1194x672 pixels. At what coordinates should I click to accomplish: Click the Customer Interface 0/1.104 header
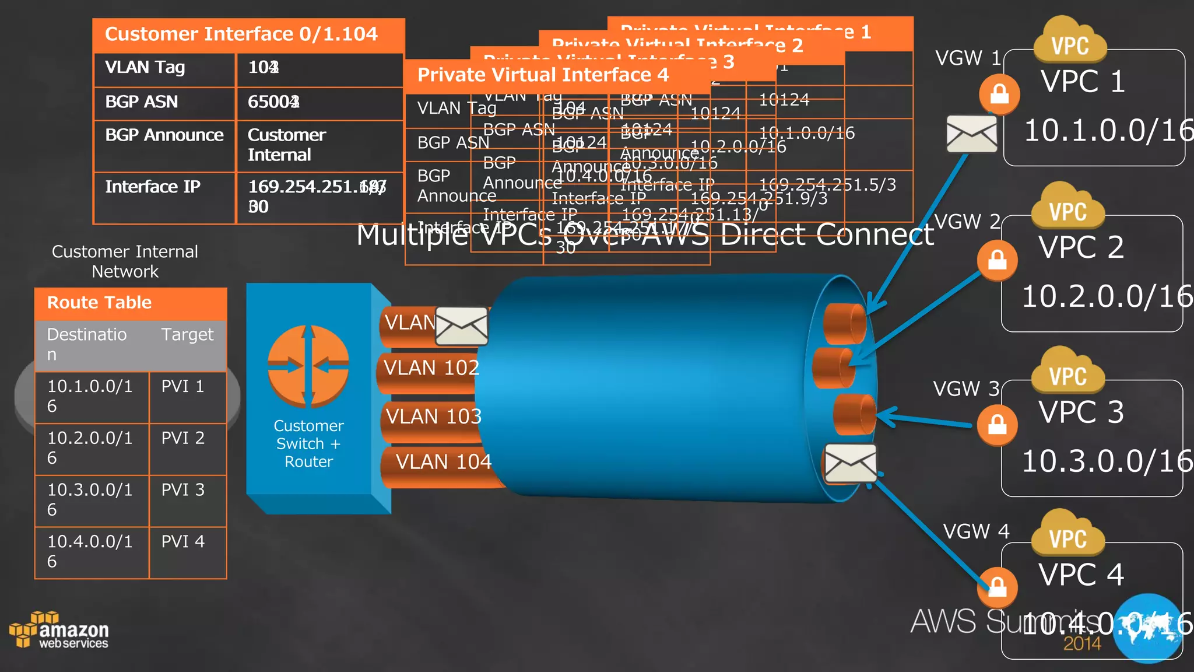tap(241, 34)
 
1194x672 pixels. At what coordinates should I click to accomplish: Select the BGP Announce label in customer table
tap(164, 135)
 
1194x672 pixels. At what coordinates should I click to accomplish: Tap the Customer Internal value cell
tap(286, 145)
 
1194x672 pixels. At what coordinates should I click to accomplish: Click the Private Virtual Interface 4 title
tap(543, 75)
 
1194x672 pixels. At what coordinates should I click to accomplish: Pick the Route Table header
tap(99, 303)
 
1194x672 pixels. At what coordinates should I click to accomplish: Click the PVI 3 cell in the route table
tap(183, 490)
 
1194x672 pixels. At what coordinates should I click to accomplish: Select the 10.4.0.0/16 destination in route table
tap(90, 551)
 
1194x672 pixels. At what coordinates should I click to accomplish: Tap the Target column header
tap(187, 335)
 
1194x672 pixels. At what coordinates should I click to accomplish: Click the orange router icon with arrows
tap(308, 366)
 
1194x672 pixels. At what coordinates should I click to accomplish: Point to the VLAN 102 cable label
tap(431, 368)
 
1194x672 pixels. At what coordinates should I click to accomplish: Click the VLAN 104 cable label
tap(443, 462)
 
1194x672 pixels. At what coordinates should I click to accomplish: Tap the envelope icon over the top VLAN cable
tap(462, 325)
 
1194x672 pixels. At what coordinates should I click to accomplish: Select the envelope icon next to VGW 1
tap(971, 134)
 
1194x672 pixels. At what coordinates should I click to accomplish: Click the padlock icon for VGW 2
tap(998, 260)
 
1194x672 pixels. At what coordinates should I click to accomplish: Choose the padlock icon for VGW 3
tap(998, 425)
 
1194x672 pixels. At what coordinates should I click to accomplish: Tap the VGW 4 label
tap(976, 531)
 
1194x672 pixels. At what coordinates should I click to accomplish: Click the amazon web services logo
tap(60, 631)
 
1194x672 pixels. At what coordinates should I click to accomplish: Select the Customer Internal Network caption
tap(125, 262)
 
